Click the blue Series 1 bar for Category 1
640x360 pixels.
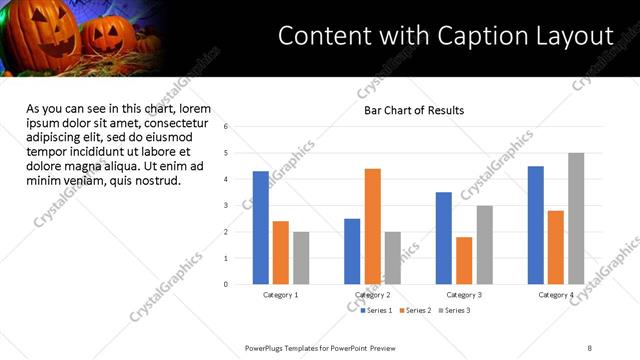click(260, 228)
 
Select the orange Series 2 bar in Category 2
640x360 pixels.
click(372, 227)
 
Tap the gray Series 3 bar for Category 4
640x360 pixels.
click(576, 219)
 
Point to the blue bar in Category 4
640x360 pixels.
click(536, 225)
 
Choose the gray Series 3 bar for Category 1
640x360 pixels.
click(301, 258)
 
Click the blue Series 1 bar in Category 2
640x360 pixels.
click(352, 251)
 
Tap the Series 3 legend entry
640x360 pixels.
click(453, 311)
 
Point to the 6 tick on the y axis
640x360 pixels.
click(227, 127)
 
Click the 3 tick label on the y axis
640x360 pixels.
click(227, 206)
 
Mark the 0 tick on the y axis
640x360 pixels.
click(227, 284)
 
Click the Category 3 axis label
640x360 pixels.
click(464, 295)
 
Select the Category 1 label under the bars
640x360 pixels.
click(280, 295)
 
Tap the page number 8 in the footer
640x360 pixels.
click(590, 348)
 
